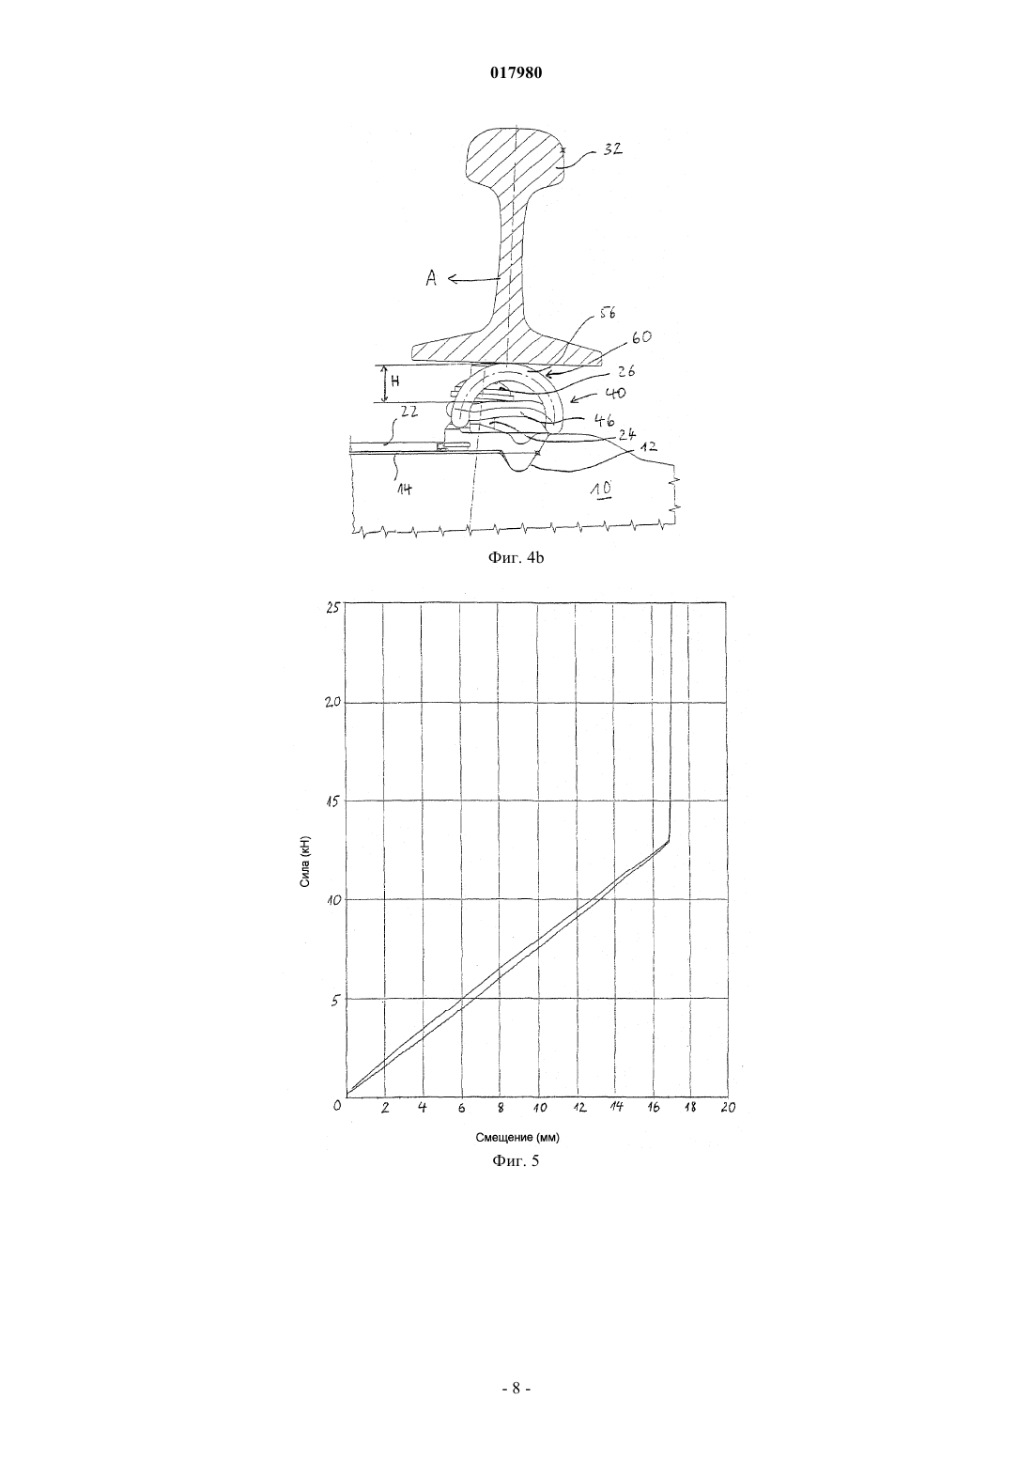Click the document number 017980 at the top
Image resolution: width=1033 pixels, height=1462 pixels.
coord(516,73)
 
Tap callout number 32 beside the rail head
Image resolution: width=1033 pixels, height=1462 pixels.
coord(611,148)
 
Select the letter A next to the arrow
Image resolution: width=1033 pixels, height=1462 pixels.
coord(431,279)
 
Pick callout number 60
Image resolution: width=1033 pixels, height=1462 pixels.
coord(640,337)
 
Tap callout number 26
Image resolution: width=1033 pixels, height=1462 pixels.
coord(626,371)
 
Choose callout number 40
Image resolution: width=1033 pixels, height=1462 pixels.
coord(615,394)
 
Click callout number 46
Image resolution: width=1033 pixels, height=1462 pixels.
coord(605,420)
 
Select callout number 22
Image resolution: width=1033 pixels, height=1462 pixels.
coord(409,412)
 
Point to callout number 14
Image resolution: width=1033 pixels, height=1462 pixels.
coord(405,489)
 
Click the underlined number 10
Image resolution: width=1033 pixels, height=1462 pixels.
coord(601,488)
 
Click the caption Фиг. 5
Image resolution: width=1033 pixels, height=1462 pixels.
coord(516,1179)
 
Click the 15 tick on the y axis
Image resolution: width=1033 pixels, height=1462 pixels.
coord(332,801)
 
